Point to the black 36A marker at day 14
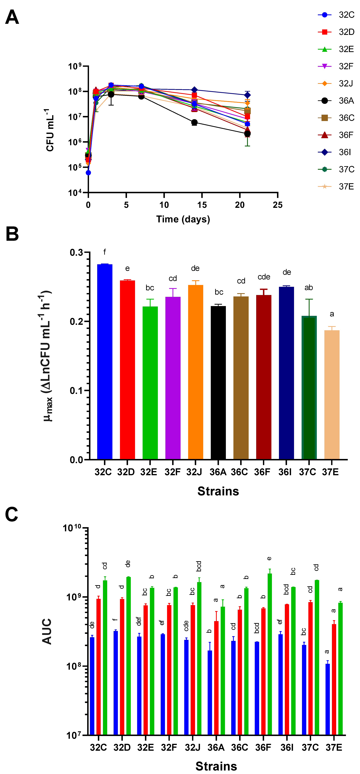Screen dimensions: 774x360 point(194,122)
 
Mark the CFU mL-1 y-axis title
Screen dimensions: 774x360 point(50,130)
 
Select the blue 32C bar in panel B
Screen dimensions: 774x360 point(105,361)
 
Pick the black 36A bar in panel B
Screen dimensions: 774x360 point(218,382)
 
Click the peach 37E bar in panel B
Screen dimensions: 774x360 point(332,394)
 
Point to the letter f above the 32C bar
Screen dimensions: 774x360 point(105,252)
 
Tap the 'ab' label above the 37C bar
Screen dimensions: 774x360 point(309,288)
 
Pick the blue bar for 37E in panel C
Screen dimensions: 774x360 point(328,700)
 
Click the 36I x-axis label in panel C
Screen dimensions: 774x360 point(287,748)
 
